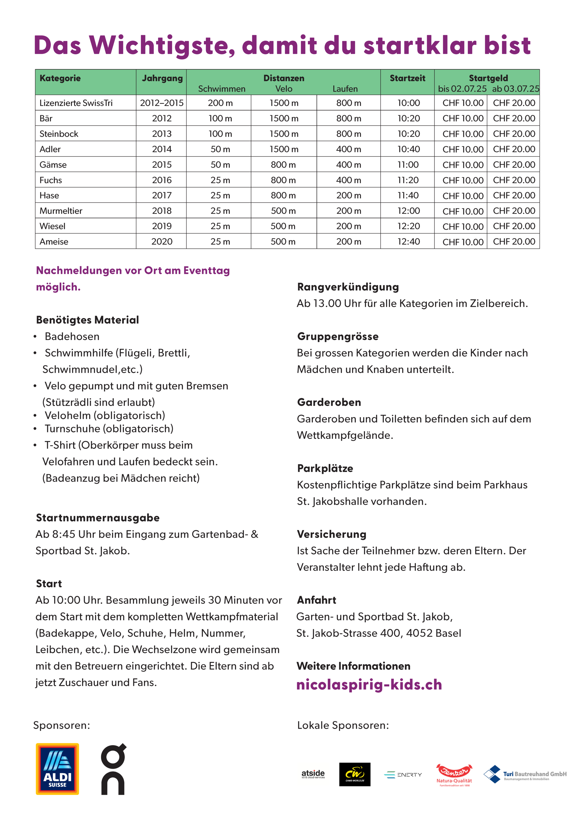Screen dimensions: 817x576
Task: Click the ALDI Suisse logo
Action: (57, 769)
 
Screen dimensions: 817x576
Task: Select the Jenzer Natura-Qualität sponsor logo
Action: (454, 775)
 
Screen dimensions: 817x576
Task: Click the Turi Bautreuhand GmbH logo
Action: (525, 774)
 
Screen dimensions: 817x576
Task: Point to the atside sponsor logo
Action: (313, 774)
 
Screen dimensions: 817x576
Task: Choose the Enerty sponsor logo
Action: (403, 775)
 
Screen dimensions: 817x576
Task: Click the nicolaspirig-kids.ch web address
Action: (369, 684)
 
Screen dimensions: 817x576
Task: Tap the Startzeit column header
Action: (407, 78)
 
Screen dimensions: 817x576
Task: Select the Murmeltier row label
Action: (61, 211)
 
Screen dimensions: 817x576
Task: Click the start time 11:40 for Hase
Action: (408, 195)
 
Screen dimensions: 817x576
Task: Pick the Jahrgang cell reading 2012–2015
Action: (162, 103)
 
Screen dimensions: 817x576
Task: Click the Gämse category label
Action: (53, 165)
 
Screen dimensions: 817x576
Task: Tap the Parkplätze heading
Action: (325, 468)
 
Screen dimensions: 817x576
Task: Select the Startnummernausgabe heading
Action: (98, 518)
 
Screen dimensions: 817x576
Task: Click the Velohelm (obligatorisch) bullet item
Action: (105, 415)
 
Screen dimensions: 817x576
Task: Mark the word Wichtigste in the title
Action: (162, 45)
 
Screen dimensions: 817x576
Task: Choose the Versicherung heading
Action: (331, 534)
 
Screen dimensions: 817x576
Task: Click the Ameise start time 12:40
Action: (408, 242)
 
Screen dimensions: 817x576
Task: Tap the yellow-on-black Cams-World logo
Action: (354, 774)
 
